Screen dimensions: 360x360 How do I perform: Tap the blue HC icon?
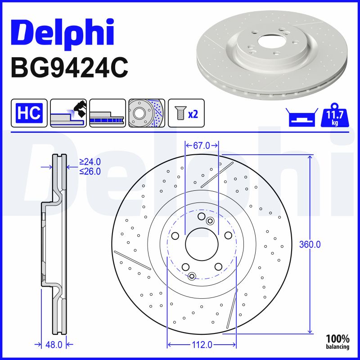click(29, 112)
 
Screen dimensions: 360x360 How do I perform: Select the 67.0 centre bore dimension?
click(202, 145)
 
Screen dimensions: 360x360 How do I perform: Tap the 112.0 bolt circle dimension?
click(201, 345)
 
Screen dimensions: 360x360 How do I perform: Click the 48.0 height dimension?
click(53, 345)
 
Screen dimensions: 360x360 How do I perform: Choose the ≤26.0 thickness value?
click(90, 171)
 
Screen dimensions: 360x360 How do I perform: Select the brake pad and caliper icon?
click(68, 112)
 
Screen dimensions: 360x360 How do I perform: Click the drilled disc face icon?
click(147, 112)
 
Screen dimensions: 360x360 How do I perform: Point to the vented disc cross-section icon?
click(107, 112)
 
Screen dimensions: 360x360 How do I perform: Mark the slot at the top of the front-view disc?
click(216, 175)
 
